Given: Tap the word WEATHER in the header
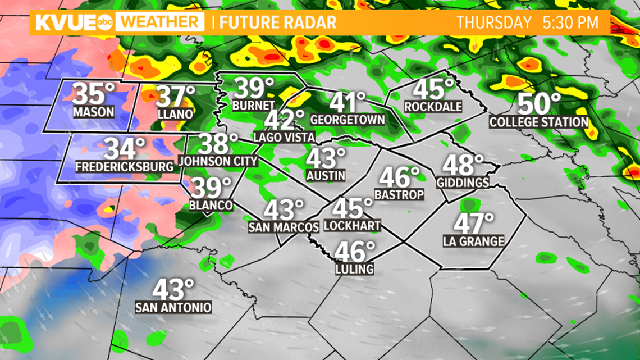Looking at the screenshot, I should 162,22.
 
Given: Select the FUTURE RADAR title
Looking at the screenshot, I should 278,23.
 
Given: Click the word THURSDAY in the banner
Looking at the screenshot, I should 493,23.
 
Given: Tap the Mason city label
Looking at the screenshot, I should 93,112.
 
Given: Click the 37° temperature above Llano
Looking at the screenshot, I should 176,97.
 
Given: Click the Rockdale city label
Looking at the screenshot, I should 433,107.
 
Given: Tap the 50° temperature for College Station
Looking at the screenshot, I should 539,104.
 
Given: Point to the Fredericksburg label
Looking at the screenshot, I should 124,167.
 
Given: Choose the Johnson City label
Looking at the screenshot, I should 218,162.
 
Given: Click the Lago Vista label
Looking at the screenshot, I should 284,137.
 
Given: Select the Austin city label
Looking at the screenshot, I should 326,176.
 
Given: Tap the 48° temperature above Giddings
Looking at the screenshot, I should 463,165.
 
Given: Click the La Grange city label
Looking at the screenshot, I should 473,241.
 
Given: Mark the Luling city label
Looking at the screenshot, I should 354,269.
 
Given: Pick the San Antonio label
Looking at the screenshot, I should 173,308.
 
